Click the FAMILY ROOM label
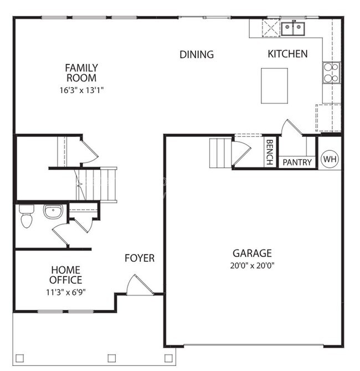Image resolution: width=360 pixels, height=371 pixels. [81, 73]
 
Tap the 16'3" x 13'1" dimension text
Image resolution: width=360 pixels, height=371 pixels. [81, 90]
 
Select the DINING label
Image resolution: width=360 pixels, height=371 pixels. [197, 54]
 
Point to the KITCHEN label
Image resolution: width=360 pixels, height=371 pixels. [287, 54]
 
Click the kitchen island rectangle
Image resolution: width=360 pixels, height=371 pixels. [274, 85]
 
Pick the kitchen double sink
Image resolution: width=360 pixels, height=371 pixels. [292, 28]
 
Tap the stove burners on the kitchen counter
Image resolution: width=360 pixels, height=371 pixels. [331, 73]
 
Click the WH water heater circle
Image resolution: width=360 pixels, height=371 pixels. [330, 159]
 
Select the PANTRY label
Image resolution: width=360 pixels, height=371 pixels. [297, 162]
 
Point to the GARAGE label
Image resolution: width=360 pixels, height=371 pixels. [252, 253]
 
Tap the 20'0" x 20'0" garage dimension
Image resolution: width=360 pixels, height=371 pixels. [252, 265]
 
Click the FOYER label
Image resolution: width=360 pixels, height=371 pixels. [139, 258]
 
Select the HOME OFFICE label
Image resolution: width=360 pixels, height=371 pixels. [66, 275]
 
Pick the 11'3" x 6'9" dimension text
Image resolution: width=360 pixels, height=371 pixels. [66, 291]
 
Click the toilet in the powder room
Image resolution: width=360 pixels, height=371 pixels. [25, 216]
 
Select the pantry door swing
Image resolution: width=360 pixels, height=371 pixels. [291, 129]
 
